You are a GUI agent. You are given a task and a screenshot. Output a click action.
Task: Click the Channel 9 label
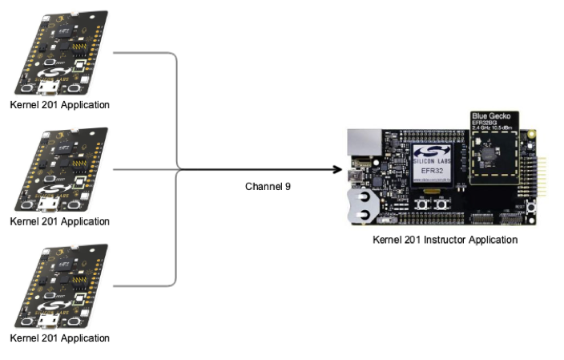pos(268,186)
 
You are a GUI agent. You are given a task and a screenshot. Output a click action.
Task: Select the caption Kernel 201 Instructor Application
pos(445,240)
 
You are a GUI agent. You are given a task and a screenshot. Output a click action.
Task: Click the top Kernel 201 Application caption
pos(59,105)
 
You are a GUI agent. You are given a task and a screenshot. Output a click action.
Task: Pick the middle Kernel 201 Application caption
pos(59,220)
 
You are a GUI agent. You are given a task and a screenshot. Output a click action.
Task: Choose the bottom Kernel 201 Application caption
pos(59,338)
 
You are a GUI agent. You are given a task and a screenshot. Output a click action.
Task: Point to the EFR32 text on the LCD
pos(433,170)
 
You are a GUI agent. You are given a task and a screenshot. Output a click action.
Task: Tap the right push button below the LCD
pos(441,205)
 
